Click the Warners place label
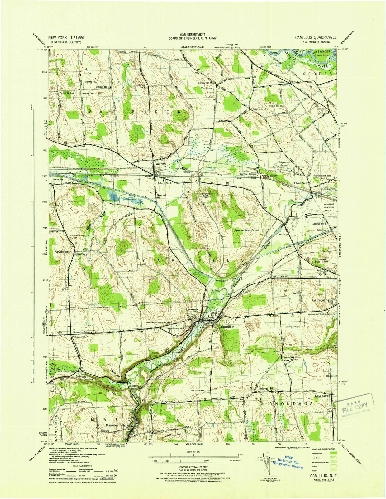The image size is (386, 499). [161, 163]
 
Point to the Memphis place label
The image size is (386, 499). [58, 180]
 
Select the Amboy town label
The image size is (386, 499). [284, 234]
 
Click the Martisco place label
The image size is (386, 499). [136, 386]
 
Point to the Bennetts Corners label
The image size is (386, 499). [83, 332]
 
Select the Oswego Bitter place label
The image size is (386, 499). [63, 252]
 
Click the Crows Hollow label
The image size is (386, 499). [67, 93]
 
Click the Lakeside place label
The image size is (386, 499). [321, 109]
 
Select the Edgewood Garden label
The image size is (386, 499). [284, 164]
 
